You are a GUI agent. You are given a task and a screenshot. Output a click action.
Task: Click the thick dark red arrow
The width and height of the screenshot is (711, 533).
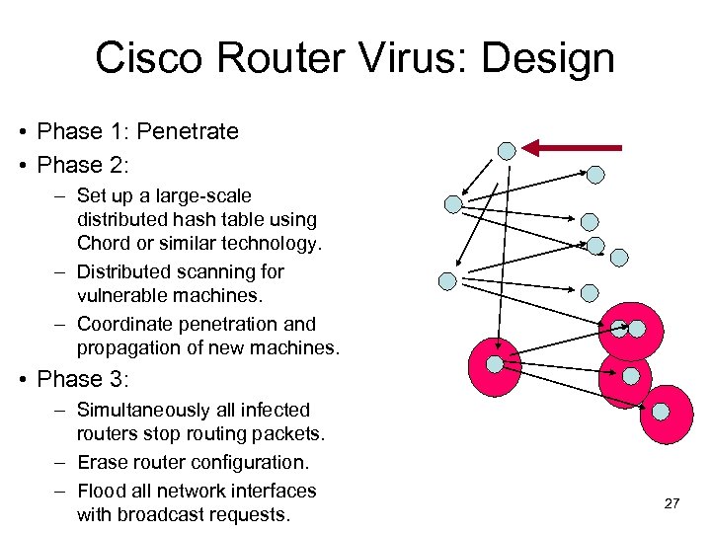[x=573, y=148]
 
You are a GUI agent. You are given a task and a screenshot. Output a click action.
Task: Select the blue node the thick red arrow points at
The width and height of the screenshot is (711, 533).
[x=507, y=151]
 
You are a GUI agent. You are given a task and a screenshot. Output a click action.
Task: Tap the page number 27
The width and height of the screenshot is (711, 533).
[x=671, y=503]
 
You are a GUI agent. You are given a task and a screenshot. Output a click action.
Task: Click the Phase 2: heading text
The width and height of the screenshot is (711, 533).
[x=84, y=165]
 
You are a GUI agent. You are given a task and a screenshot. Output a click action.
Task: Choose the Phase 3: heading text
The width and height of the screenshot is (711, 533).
[x=84, y=379]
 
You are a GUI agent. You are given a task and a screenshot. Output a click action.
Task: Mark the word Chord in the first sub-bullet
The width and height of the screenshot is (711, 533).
[x=105, y=243]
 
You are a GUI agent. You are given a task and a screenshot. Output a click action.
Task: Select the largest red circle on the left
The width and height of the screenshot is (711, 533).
[x=494, y=366]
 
